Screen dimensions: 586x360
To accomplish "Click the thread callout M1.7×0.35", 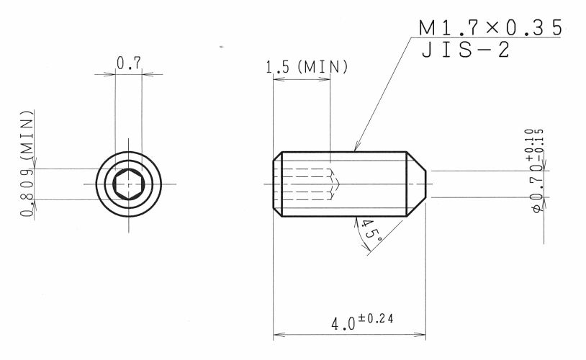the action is point(490,28).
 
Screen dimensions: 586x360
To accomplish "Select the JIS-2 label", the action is point(465,50).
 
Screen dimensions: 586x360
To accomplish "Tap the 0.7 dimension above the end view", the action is point(129,63).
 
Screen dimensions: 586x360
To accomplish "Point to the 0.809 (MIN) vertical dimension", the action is point(27,163).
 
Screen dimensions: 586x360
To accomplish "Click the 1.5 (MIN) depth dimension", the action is point(307,67).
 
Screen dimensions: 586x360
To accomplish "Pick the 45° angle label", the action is point(371,230).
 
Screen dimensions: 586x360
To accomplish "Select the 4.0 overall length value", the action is point(343,324).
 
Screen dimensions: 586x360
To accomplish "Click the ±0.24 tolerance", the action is point(376,319).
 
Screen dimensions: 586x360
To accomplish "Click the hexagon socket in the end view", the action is point(129,184).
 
